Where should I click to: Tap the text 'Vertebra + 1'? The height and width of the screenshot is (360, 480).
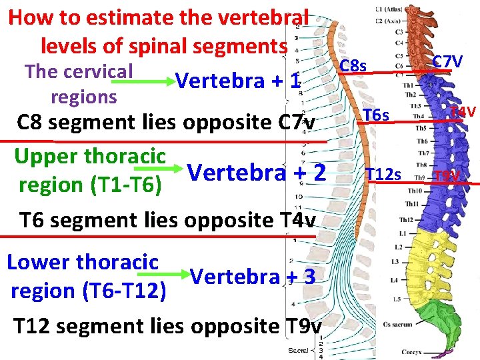pyautogui.click(x=238, y=81)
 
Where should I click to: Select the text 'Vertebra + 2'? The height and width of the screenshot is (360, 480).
pyautogui.click(x=257, y=173)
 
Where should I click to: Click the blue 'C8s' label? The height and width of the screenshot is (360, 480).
pyautogui.click(x=353, y=65)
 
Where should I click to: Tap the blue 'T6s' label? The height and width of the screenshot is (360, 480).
pyautogui.click(x=376, y=116)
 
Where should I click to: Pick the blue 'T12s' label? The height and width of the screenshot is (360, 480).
pyautogui.click(x=383, y=175)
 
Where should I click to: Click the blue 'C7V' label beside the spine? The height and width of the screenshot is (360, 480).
pyautogui.click(x=447, y=62)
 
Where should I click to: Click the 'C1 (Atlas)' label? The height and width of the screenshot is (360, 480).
pyautogui.click(x=389, y=10)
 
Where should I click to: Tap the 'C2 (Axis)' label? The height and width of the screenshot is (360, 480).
pyautogui.click(x=388, y=21)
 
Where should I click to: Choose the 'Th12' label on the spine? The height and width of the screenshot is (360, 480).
pyautogui.click(x=405, y=219)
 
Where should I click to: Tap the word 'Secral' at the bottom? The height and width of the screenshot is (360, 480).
pyautogui.click(x=298, y=350)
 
